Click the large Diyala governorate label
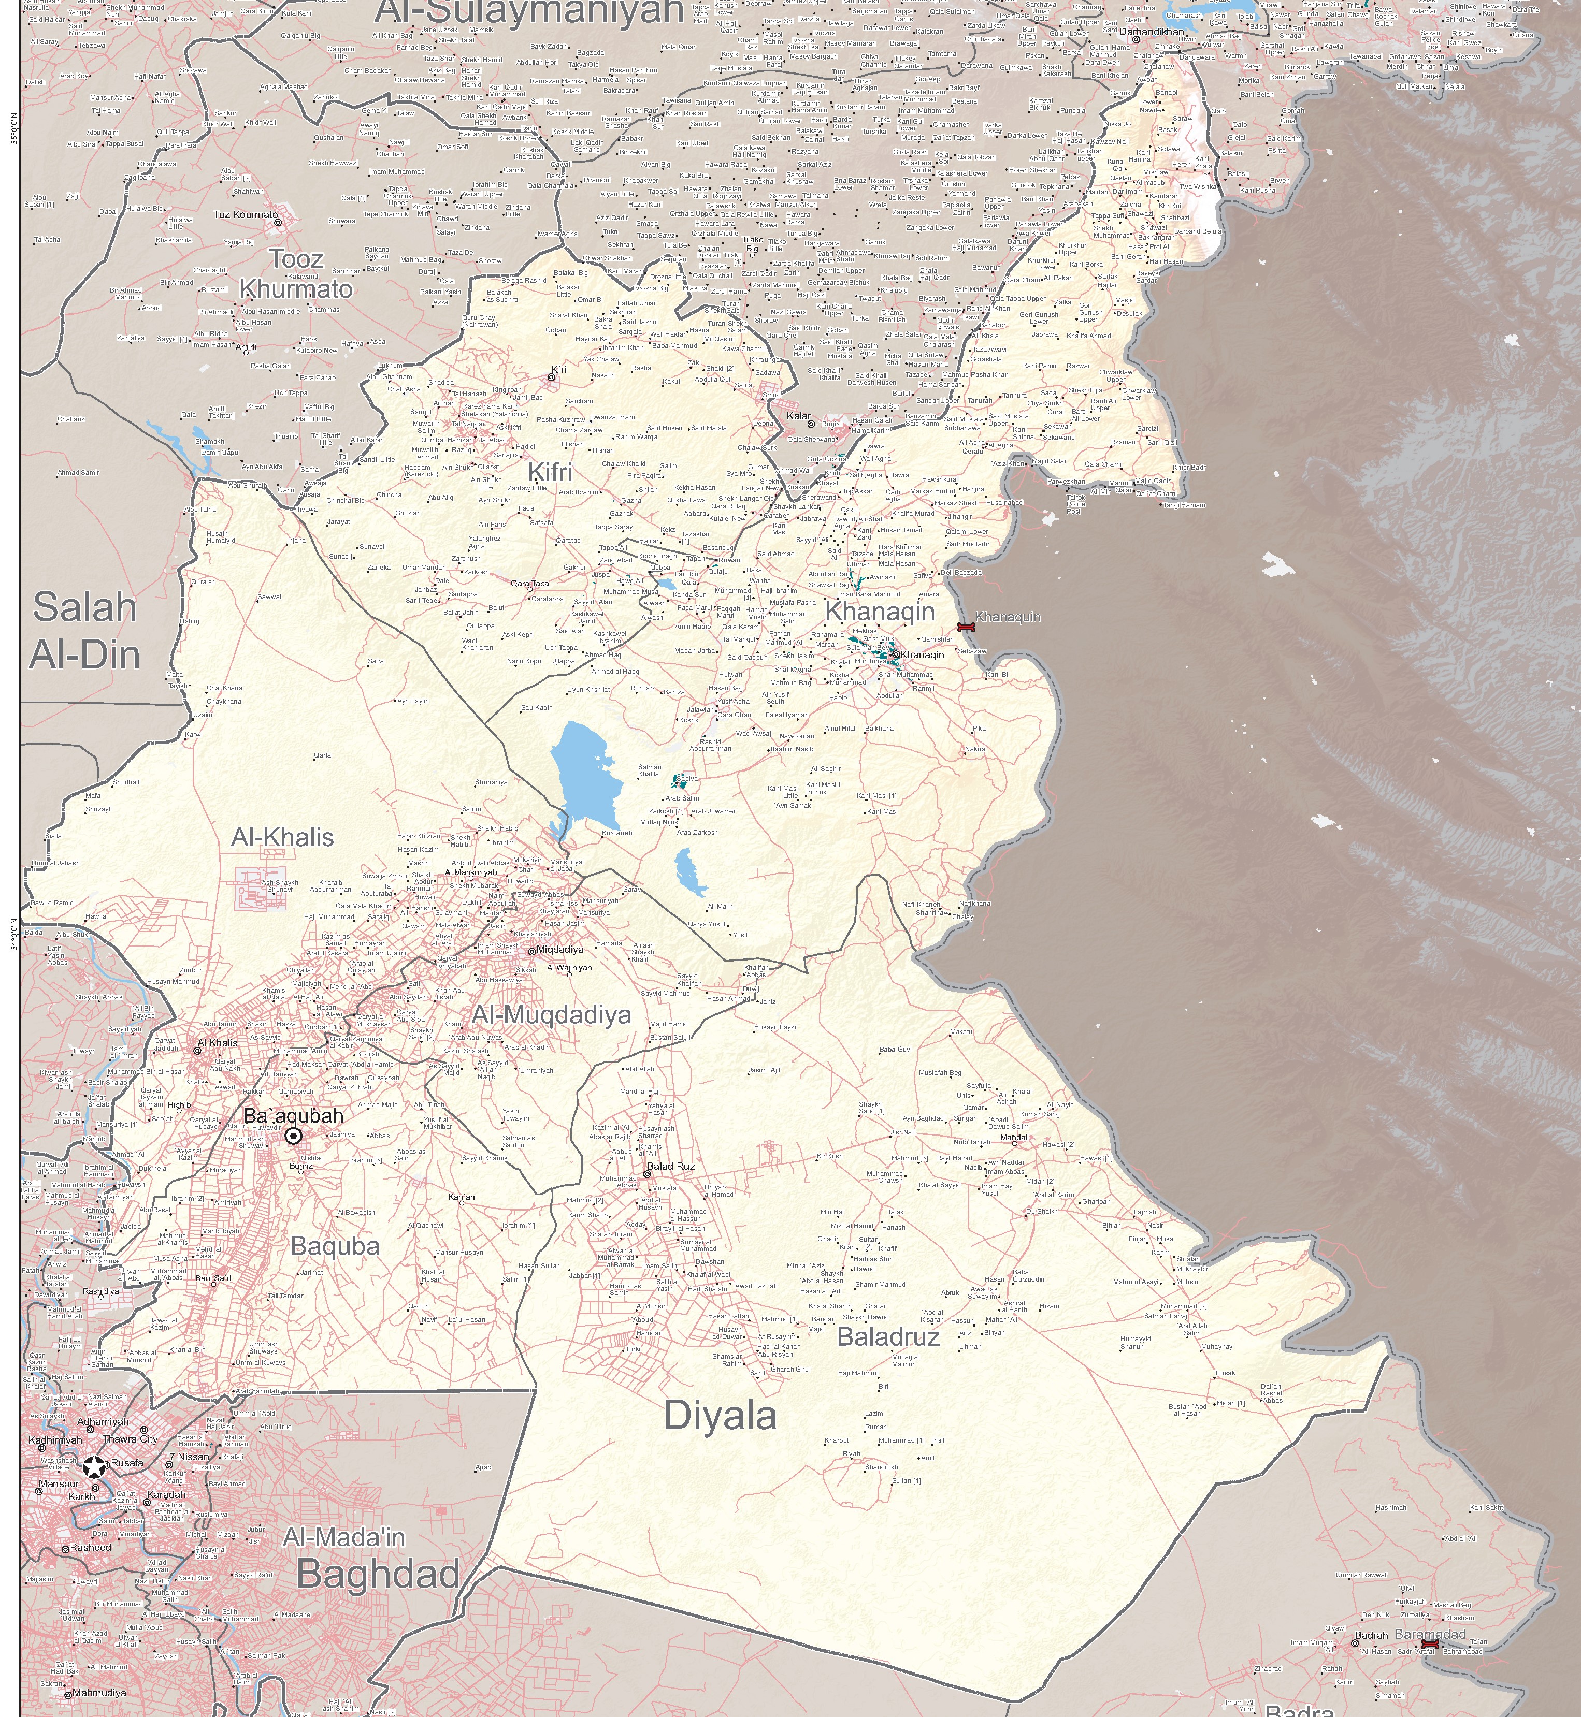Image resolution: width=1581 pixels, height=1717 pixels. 721,1416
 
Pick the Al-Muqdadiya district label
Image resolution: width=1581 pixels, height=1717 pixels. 551,1015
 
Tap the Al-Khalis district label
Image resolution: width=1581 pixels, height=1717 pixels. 282,837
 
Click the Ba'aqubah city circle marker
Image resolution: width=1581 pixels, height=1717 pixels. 293,1136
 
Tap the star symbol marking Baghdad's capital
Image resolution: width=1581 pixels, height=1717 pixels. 94,1468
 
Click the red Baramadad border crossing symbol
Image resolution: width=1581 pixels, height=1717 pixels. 1429,1645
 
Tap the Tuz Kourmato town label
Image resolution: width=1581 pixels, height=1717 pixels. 246,214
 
